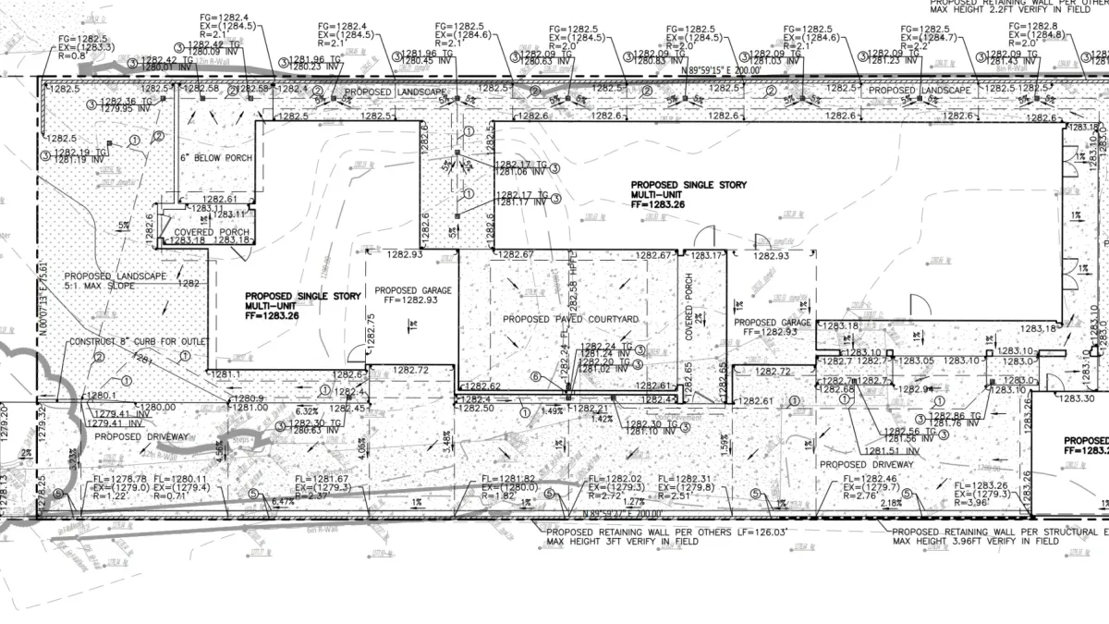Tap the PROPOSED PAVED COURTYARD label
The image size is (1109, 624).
coord(570,319)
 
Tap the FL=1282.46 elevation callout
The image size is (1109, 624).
coord(869,479)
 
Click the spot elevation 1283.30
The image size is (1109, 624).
coord(1075,399)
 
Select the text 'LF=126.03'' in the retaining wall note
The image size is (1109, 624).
coord(752,532)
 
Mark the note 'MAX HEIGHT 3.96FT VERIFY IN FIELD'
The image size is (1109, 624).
coord(975,542)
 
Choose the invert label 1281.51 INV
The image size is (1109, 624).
coord(888,450)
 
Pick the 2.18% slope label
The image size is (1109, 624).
coord(892,503)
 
